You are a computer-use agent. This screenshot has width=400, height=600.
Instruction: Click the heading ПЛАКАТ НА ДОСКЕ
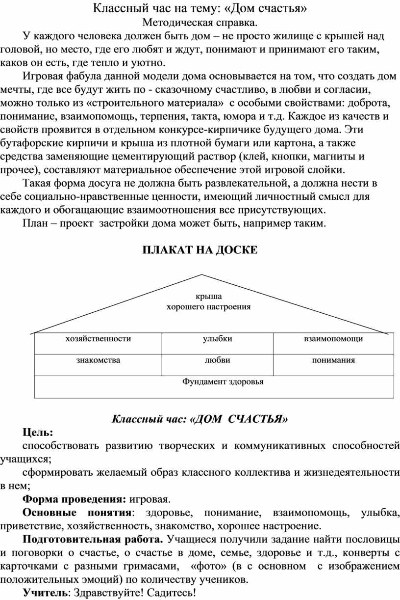(x=200, y=250)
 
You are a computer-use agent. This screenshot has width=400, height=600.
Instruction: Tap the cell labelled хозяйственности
(x=98, y=338)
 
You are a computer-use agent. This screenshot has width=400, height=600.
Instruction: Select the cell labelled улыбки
(x=217, y=338)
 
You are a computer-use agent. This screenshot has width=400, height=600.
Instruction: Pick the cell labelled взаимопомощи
(x=333, y=338)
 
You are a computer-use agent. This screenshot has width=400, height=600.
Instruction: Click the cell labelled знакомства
(x=98, y=360)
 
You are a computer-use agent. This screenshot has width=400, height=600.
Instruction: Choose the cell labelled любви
(x=217, y=360)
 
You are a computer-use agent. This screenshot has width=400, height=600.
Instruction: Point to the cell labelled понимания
(x=333, y=360)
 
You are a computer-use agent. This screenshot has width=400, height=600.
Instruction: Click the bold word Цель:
(x=39, y=432)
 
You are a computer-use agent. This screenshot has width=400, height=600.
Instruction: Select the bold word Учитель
(x=45, y=593)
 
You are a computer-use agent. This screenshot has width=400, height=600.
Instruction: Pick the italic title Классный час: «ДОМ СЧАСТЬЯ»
(x=200, y=418)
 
